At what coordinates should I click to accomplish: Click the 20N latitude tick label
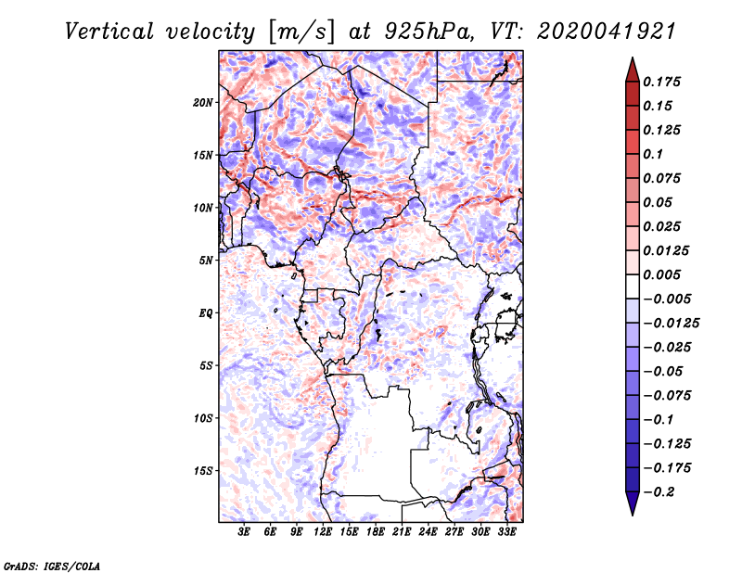point(203,102)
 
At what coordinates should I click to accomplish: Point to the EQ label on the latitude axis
point(206,313)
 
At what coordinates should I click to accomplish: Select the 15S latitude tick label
point(203,471)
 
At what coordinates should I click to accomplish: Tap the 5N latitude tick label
point(206,261)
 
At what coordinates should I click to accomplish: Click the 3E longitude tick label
point(245,532)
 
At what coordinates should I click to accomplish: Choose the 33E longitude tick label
point(507,532)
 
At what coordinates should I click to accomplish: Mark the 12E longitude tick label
point(324,532)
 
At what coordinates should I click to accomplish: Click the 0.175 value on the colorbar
point(663,82)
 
